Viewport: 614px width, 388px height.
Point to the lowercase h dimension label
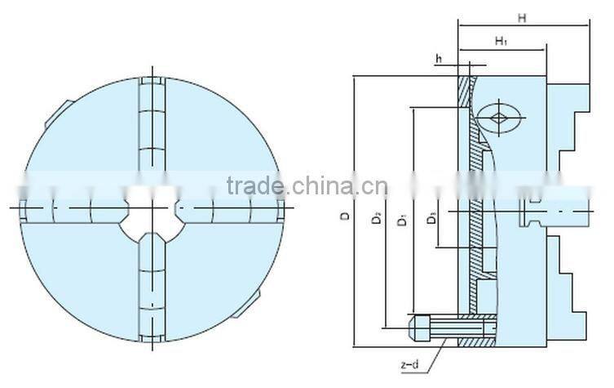(x=439, y=58)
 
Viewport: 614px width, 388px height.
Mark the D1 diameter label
(x=401, y=219)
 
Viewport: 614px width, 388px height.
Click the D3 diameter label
(x=432, y=218)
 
